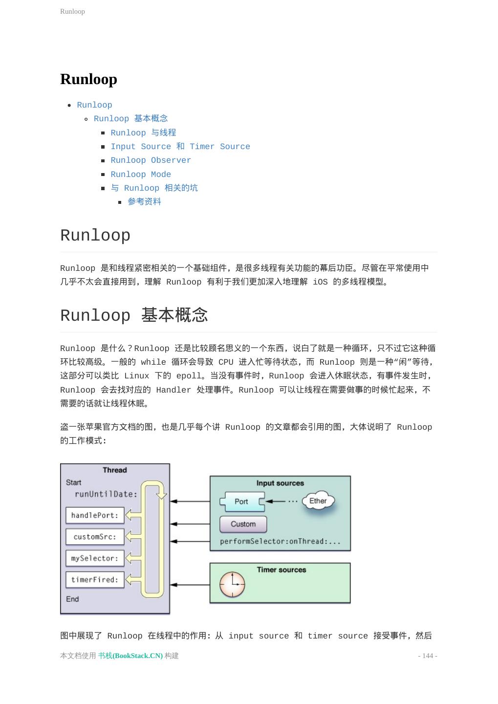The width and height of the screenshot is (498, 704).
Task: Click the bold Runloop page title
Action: [88, 79]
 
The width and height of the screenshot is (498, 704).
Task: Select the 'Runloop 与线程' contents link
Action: [143, 132]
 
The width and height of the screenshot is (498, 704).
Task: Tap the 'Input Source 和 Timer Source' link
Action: [180, 146]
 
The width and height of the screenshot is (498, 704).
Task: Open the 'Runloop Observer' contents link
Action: [151, 160]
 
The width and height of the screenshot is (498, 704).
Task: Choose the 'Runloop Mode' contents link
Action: [141, 174]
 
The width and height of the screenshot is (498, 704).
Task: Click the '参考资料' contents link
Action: [144, 201]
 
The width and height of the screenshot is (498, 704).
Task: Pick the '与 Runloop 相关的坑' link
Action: [154, 188]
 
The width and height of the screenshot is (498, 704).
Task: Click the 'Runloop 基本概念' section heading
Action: [134, 315]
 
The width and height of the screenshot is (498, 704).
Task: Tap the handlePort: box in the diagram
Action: [95, 515]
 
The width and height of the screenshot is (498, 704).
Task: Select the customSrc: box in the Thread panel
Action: [95, 537]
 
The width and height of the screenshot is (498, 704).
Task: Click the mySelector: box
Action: [95, 558]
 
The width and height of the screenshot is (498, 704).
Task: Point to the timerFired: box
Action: [95, 580]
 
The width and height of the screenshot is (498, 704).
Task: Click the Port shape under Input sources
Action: [241, 502]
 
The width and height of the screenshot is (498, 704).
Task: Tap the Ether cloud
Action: [318, 501]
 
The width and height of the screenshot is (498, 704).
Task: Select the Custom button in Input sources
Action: [243, 524]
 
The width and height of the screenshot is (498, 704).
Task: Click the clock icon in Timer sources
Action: [232, 585]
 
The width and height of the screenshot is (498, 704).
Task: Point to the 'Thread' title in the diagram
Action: [115, 470]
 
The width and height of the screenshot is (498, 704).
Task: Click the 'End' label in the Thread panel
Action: [72, 599]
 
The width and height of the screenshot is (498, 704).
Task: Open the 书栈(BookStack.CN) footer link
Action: [130, 656]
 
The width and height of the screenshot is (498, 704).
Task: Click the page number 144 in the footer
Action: [428, 656]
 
